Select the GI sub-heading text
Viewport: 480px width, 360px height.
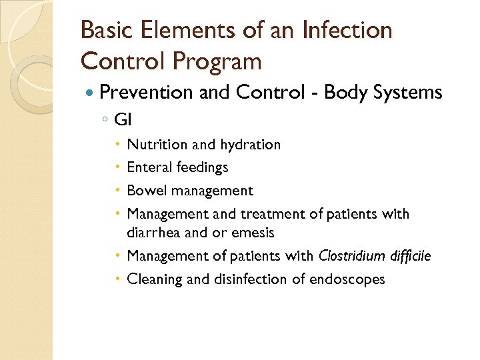point(123,120)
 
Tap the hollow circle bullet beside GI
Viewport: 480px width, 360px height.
point(105,121)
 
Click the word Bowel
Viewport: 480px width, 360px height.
point(147,191)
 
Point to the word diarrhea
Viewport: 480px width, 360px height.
point(153,233)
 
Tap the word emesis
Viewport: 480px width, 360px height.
point(251,233)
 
